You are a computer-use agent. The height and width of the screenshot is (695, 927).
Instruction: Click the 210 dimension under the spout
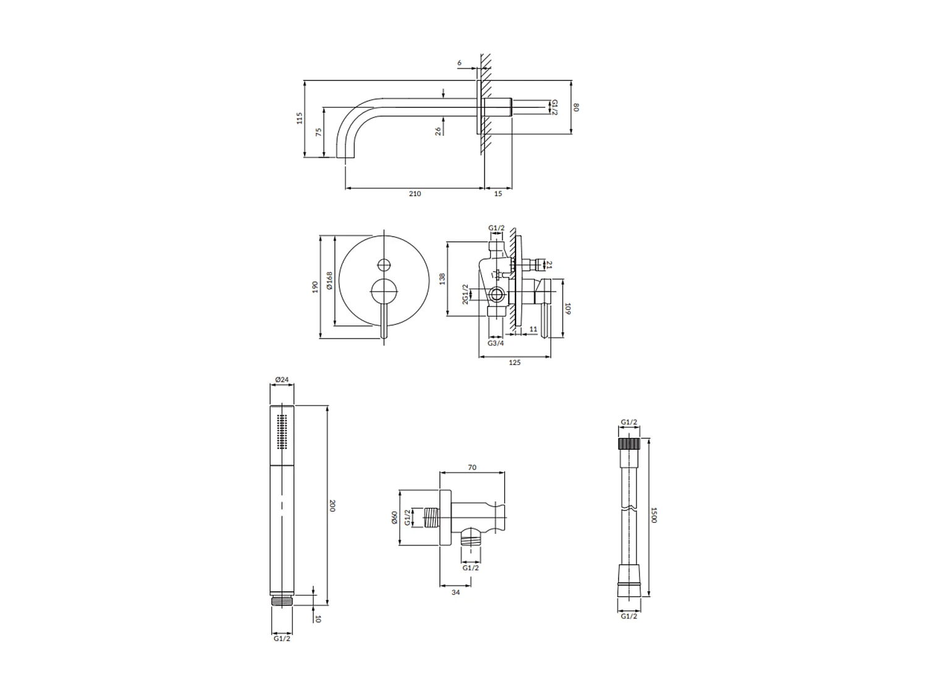click(x=414, y=194)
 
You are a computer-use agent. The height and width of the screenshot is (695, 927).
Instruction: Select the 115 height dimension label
click(x=300, y=118)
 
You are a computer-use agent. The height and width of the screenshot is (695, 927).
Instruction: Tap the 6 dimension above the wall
click(x=459, y=63)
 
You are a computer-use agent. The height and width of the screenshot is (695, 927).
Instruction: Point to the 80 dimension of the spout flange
click(x=575, y=107)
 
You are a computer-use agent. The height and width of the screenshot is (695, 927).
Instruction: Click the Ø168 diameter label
click(x=329, y=280)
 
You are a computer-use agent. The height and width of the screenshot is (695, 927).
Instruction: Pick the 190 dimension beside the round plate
click(x=315, y=287)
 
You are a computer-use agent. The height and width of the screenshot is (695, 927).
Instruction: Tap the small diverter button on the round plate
click(x=384, y=265)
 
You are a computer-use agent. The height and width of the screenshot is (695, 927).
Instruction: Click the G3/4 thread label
click(x=496, y=343)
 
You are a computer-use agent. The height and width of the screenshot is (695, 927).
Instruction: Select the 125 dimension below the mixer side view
click(x=514, y=363)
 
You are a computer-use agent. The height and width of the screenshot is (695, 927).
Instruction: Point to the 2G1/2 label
click(x=465, y=294)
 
